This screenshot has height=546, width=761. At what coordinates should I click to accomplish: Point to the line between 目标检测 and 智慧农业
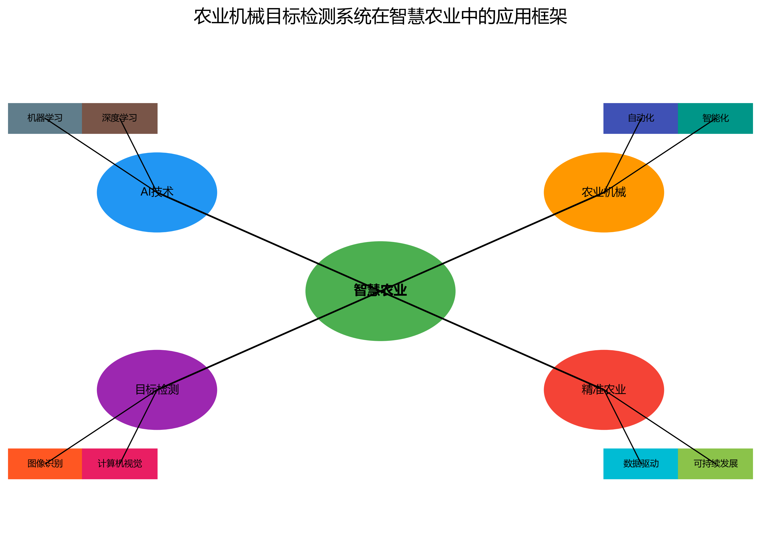(268, 340)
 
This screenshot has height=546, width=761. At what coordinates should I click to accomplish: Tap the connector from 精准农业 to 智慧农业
(492, 340)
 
